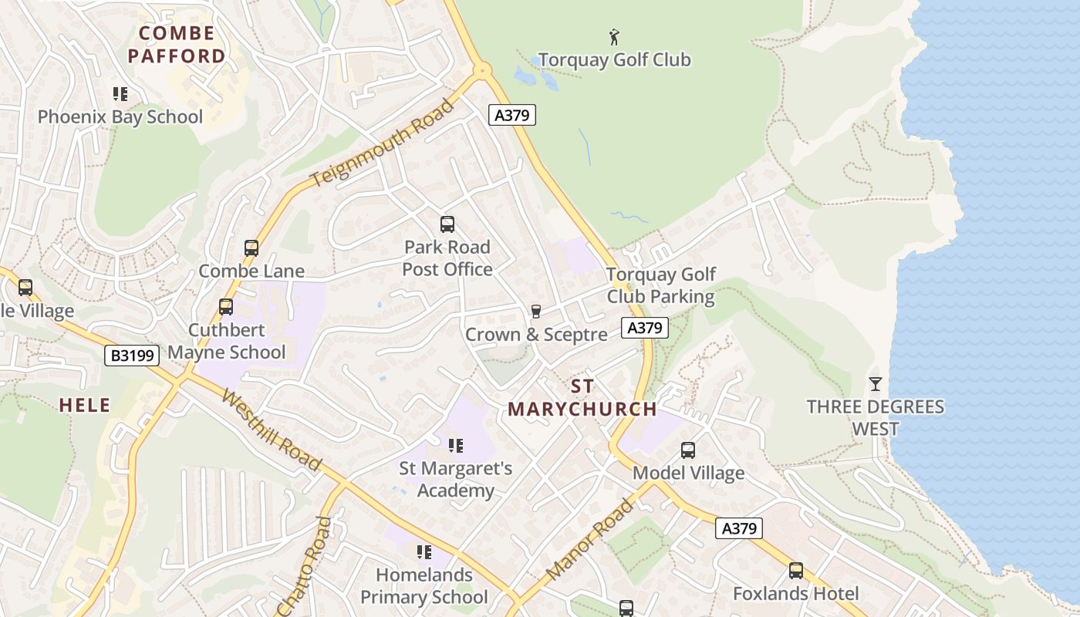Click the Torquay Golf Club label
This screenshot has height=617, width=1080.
pyautogui.click(x=614, y=60)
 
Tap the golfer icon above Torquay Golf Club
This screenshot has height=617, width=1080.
pyautogui.click(x=614, y=36)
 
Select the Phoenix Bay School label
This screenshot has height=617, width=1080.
pyautogui.click(x=120, y=117)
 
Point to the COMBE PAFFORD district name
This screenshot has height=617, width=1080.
pyautogui.click(x=177, y=45)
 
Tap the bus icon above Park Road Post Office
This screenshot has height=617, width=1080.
pyautogui.click(x=447, y=224)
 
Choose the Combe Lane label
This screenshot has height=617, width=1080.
pyautogui.click(x=251, y=271)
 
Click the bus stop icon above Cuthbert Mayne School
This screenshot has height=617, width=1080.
pyautogui.click(x=226, y=306)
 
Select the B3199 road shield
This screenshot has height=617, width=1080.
pyautogui.click(x=132, y=356)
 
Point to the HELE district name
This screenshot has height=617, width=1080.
pyautogui.click(x=85, y=406)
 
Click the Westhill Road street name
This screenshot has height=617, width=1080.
pyautogui.click(x=270, y=430)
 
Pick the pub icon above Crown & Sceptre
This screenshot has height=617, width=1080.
pyautogui.click(x=536, y=311)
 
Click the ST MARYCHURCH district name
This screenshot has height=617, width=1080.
pyautogui.click(x=582, y=398)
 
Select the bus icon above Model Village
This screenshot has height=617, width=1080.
pyautogui.click(x=688, y=450)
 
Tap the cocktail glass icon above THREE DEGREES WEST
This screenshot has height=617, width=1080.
pyautogui.click(x=876, y=383)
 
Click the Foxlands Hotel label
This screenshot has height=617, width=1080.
pyautogui.click(x=795, y=594)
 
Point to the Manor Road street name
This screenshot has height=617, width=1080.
pyautogui.click(x=589, y=539)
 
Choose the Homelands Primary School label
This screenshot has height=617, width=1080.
pyautogui.click(x=424, y=586)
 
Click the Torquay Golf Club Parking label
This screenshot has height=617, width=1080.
pyautogui.click(x=661, y=285)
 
